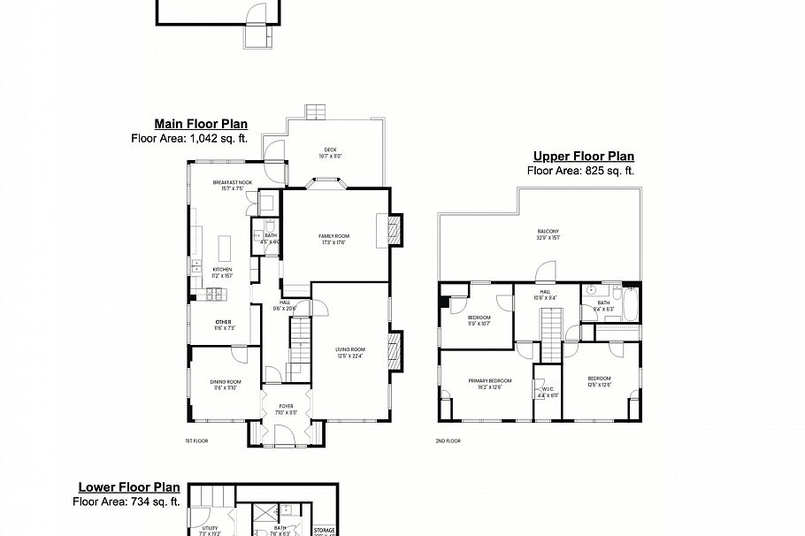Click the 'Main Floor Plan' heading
(201, 125)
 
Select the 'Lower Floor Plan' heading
(129, 487)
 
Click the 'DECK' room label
(331, 149)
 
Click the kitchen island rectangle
(223, 245)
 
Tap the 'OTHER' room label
(223, 322)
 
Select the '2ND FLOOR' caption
(448, 440)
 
